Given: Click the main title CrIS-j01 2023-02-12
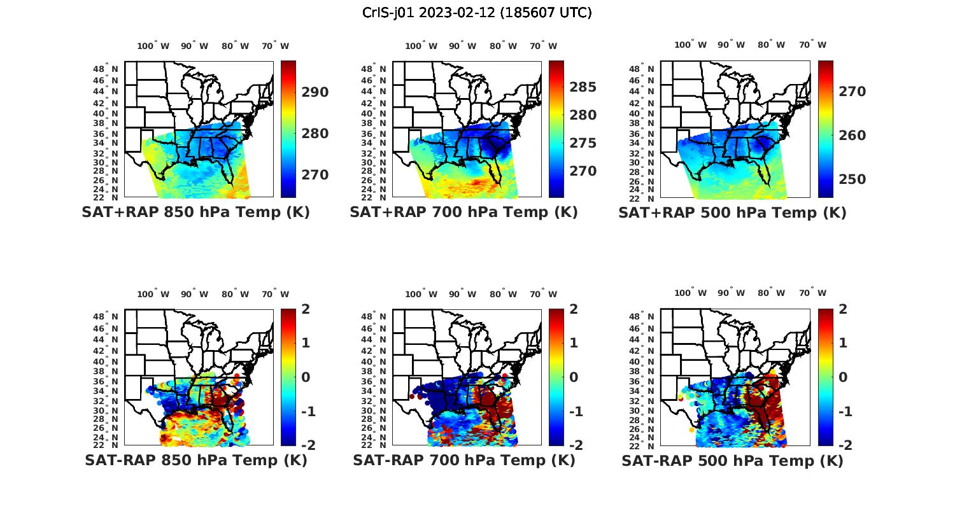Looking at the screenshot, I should coord(477,12).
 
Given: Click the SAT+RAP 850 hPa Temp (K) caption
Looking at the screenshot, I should coord(195,212).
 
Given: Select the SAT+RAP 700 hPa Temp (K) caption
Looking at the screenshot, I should coord(463,212).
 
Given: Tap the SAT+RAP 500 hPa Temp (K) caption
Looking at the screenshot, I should coord(732,213).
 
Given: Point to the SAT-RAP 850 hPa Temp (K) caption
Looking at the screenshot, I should coord(195,460).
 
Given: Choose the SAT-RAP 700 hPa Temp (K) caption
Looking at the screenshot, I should coord(463,460).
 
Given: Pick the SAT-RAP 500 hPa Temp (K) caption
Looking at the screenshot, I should coord(732,461).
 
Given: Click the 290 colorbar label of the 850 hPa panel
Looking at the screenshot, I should coord(315,92).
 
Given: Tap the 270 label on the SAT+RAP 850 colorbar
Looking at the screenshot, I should coord(315,175).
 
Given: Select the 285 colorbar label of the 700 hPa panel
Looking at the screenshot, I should coord(583,87).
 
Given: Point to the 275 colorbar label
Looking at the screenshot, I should coord(583,143).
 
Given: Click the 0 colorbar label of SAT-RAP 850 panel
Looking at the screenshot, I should coord(306,377).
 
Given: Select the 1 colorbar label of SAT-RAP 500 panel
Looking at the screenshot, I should coord(842,343).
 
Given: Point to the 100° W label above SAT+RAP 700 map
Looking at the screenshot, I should coord(421,46).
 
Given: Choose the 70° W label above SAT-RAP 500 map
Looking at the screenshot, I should coord(812,293).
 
